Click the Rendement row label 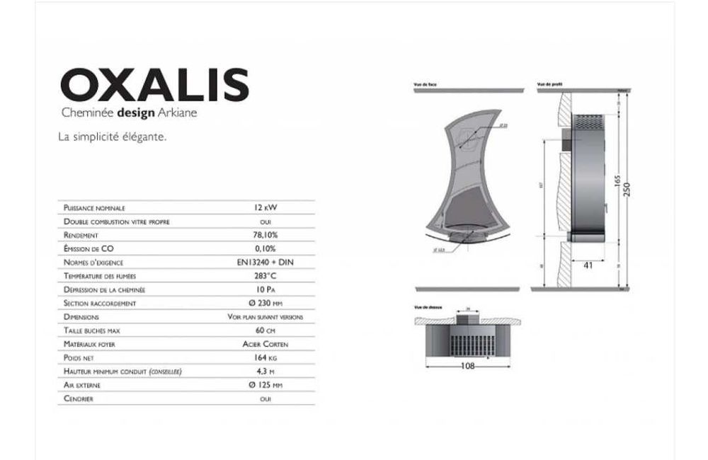point(80,235)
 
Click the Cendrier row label point(79,399)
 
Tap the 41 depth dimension point(588,265)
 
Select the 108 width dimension point(467,366)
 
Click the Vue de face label point(426,84)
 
